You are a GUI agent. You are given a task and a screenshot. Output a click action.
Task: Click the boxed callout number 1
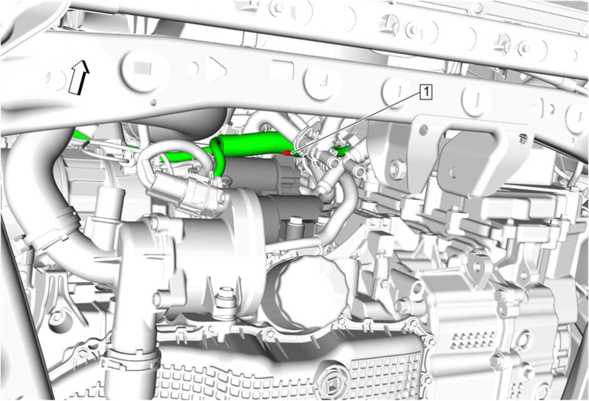click(x=426, y=92)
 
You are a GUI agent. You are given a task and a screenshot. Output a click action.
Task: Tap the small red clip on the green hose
click(x=286, y=153)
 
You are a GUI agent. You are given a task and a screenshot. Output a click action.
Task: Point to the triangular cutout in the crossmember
click(x=217, y=69)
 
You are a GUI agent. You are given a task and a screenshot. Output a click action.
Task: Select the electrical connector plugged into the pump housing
click(x=186, y=191)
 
